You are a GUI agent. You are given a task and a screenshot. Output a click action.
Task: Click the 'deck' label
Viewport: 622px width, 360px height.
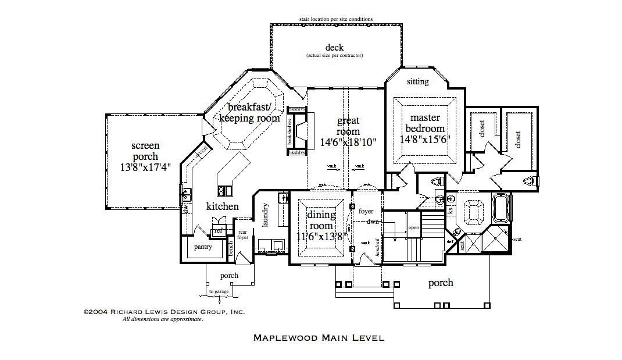(334, 48)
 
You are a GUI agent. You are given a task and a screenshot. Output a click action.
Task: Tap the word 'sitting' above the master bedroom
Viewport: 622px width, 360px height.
(417, 81)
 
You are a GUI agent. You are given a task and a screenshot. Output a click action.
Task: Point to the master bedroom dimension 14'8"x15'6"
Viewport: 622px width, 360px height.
(426, 140)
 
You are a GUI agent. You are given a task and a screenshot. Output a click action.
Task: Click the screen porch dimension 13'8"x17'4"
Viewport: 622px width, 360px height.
(145, 166)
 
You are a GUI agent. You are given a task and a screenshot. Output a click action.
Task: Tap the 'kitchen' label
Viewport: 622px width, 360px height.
(223, 206)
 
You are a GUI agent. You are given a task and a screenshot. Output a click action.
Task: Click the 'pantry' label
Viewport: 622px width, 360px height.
(203, 247)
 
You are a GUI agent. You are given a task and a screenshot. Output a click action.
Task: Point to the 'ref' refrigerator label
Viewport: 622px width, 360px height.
(218, 231)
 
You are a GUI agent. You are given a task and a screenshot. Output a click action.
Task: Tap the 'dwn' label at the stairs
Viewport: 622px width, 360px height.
(373, 222)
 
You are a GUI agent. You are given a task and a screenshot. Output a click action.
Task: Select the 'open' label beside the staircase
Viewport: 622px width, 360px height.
(413, 228)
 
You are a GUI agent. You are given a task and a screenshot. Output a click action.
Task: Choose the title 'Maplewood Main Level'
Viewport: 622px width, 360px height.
(319, 337)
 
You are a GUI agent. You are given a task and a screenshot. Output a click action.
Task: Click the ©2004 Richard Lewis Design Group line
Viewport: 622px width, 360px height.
(165, 312)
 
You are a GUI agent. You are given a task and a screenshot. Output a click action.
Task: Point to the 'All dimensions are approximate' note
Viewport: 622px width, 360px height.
(162, 319)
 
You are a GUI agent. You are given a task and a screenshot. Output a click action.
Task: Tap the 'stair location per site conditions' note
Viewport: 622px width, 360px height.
(336, 19)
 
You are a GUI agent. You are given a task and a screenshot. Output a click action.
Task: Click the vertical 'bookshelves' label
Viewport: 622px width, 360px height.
(289, 130)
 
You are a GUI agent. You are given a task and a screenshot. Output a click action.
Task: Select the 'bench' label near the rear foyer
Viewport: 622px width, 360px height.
(230, 248)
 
